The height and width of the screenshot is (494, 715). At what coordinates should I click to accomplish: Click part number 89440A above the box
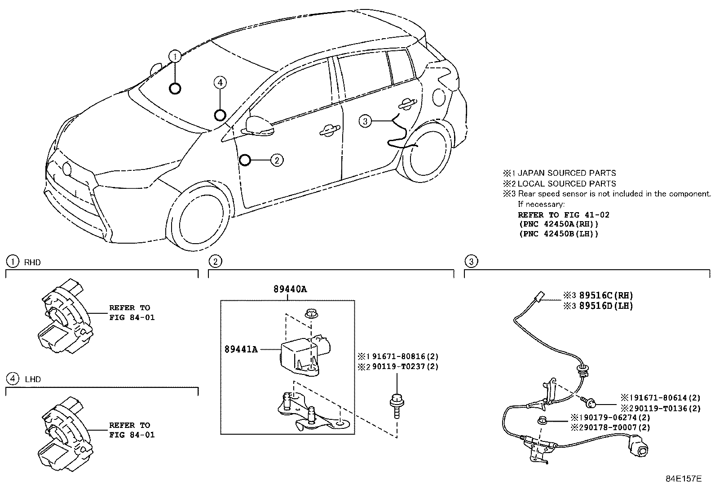[x=290, y=289]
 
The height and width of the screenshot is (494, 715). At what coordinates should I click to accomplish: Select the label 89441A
[x=241, y=349]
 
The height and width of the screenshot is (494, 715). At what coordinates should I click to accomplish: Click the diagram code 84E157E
[x=683, y=479]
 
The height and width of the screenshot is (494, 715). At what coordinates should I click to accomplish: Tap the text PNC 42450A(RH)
[x=559, y=224]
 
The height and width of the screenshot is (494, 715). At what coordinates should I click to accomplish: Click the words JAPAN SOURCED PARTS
[x=566, y=173]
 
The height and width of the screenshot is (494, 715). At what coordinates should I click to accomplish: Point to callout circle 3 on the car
[x=365, y=121]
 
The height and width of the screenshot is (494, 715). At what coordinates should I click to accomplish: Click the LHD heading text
[x=32, y=379]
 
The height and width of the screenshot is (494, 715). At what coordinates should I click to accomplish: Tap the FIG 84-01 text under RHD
[x=132, y=317]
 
